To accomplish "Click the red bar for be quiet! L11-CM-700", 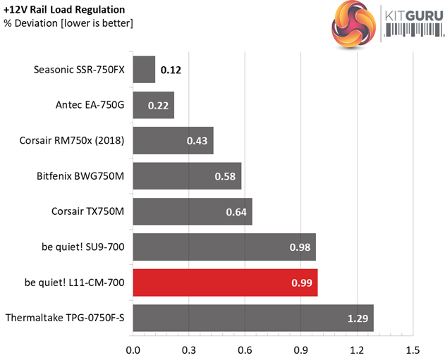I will point(225,283).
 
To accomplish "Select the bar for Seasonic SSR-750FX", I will point(144,70).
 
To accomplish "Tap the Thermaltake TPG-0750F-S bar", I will point(252,318).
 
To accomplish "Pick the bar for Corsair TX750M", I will point(192,211).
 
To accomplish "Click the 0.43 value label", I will point(197,141).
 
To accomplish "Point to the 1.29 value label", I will point(357,318).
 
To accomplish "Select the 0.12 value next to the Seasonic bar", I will point(171,70).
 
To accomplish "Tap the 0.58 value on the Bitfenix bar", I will point(225,176).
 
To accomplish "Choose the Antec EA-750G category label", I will point(90,105).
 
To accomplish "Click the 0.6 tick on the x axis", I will point(245,349).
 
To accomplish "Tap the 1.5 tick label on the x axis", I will point(413,349).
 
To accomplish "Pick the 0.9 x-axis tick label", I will point(300,349).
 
